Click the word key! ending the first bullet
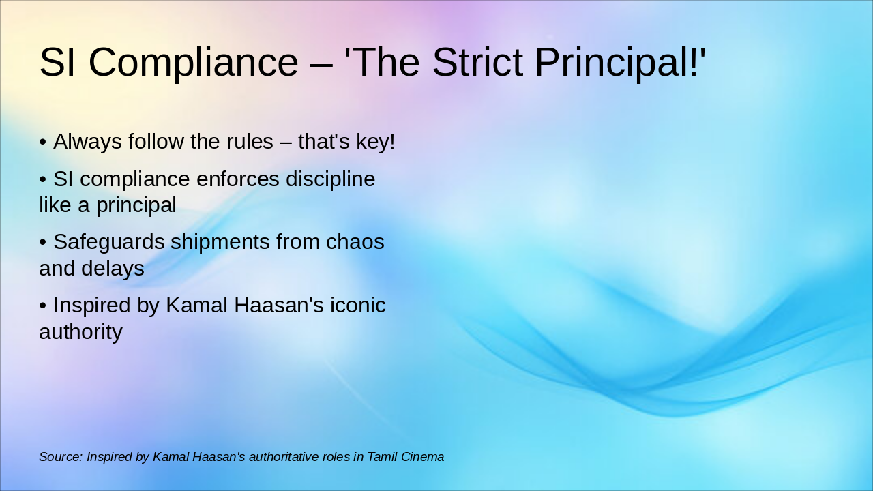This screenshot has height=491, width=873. pos(375,142)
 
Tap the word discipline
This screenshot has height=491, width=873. pos(330,179)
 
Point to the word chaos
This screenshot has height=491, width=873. pos(355,242)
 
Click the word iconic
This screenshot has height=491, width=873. pos(358,306)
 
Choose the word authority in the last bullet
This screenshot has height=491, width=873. pos(80,332)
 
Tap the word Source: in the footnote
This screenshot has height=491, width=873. pos(60,457)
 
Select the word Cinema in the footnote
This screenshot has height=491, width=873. pos(423,457)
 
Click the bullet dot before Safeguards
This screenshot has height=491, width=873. pos(43,243)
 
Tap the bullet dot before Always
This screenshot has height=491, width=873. pos(43,143)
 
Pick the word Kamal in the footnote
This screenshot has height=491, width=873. pos(170,457)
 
